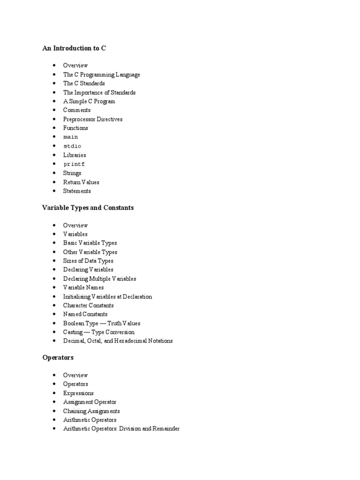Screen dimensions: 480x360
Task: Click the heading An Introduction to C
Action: coord(74,48)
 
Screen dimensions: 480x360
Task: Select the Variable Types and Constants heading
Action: coord(88,208)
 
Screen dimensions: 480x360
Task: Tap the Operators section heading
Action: coord(58,358)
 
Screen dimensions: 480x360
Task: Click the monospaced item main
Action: coord(71,137)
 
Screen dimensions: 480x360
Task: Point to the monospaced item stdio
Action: coord(72,146)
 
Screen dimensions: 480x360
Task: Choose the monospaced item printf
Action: coord(74,165)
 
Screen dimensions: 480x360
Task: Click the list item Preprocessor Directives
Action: coord(93,120)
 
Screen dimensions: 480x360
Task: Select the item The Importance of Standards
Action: coord(99,93)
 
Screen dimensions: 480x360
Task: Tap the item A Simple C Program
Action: coord(89,102)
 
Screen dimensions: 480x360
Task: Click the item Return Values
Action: coord(81,182)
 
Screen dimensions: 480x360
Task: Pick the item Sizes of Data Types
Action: coord(88,261)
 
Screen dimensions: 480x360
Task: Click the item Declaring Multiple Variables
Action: coord(99,279)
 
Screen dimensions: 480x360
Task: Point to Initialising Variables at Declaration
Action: coord(107,297)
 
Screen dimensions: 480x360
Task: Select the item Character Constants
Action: coord(88,306)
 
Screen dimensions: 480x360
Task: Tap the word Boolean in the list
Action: coord(74,323)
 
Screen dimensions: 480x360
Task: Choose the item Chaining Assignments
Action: coord(91,411)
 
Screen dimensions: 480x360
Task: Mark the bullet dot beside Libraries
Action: coord(55,155)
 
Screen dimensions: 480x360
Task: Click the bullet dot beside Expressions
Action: coord(55,393)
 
